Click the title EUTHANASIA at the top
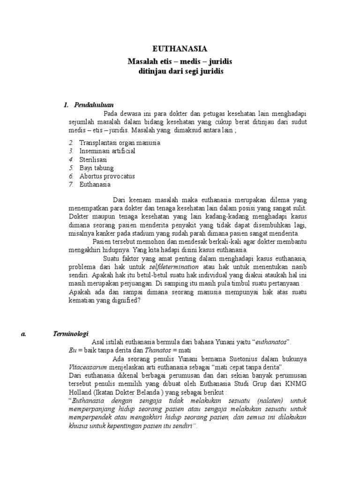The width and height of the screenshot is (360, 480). click(180, 49)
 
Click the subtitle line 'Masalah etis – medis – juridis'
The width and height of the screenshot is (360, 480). click(180, 62)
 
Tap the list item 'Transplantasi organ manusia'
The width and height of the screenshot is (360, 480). click(120, 142)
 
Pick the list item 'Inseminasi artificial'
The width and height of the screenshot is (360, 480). click(107, 151)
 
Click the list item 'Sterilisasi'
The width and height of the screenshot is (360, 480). click(93, 159)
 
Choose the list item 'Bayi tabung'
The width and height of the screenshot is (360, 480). click(97, 168)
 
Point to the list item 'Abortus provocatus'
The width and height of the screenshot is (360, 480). click(107, 176)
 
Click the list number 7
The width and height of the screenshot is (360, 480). click(71, 185)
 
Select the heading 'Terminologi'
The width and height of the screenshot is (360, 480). click(70, 333)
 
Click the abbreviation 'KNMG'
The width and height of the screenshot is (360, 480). click(296, 384)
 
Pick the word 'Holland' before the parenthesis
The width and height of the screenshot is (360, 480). click(80, 392)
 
